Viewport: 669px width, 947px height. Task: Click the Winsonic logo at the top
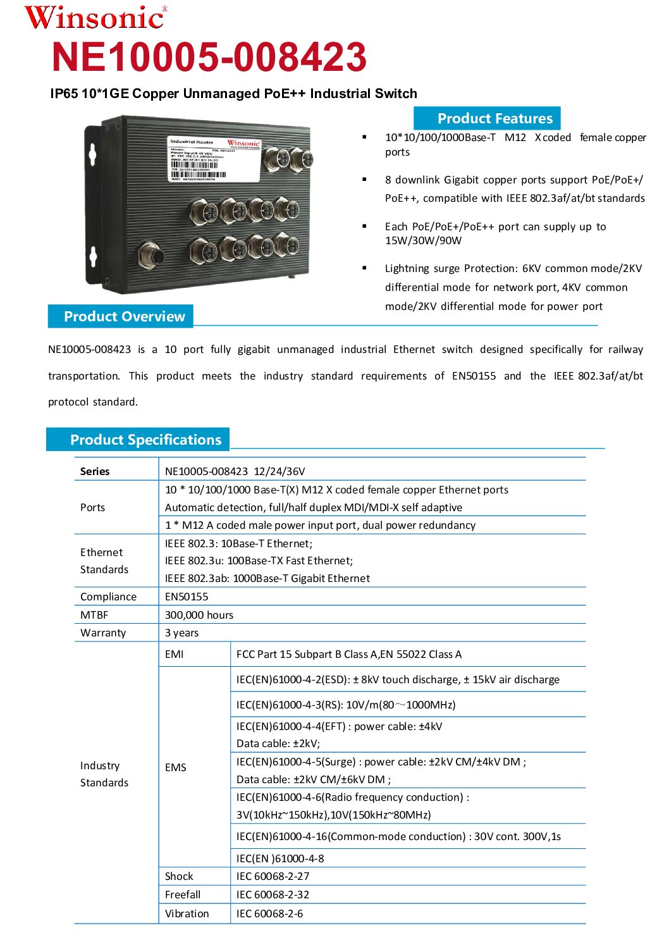click(x=95, y=18)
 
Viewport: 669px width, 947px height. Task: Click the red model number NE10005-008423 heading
click(x=209, y=57)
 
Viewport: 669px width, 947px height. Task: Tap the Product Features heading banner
click(x=494, y=118)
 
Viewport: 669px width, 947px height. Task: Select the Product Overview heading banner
click(x=124, y=316)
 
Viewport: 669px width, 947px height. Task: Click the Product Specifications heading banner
click(x=145, y=440)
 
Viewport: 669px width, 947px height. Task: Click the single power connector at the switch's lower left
click(x=152, y=256)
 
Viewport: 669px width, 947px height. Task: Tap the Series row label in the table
click(x=95, y=471)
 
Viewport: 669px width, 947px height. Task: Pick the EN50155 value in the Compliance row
click(x=187, y=597)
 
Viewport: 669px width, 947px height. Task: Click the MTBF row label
click(x=94, y=615)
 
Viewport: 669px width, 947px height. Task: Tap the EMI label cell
click(x=175, y=654)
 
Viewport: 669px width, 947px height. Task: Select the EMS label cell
click(x=176, y=767)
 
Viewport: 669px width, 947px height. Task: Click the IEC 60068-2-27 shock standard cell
click(x=273, y=876)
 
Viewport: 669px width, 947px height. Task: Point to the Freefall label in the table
click(x=183, y=894)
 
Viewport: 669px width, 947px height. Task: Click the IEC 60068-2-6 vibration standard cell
click(x=269, y=913)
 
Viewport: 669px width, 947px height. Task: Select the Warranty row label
click(x=103, y=633)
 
